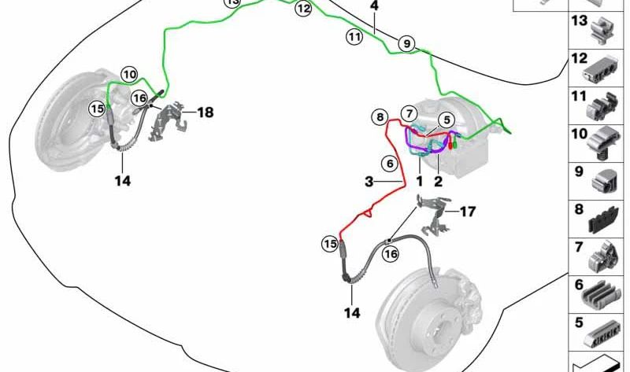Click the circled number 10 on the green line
[x=129, y=74]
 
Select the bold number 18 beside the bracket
[x=205, y=112]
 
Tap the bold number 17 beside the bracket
[x=467, y=212]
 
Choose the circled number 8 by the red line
[x=380, y=117]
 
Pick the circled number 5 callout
[x=447, y=120]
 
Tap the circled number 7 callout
[x=409, y=113]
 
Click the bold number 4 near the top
[x=375, y=6]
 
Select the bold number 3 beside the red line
[x=369, y=182]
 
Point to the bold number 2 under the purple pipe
[x=438, y=182]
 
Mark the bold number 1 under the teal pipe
[x=420, y=182]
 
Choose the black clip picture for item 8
[x=604, y=219]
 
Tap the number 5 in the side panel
[x=579, y=322]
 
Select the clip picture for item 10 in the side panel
[x=603, y=143]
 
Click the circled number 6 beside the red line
[x=390, y=164]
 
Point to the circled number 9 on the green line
[x=406, y=43]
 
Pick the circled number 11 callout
[x=354, y=37]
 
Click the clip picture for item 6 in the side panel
[x=601, y=296]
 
